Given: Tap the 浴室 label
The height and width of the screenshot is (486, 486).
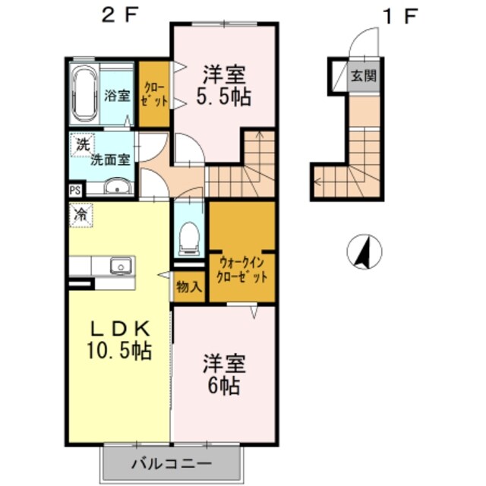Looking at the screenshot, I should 116,96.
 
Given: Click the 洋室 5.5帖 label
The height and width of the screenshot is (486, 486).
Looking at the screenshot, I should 225,86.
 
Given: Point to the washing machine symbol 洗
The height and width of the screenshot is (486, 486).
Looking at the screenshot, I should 80,143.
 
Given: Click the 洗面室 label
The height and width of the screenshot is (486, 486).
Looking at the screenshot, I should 111,159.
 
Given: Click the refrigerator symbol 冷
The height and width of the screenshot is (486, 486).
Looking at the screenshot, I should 79,214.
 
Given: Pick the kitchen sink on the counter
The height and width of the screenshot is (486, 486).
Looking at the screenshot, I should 120,266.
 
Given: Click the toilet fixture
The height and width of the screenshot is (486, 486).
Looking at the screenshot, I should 187,238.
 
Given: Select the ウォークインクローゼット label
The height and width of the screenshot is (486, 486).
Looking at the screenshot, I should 241,269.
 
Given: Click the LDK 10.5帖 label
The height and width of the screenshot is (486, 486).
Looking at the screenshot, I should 118,339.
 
